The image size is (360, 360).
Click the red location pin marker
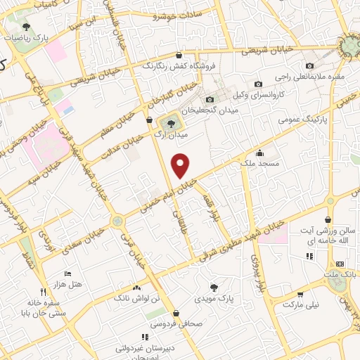coord(181,165)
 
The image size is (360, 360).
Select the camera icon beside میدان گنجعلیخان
coord(210,99)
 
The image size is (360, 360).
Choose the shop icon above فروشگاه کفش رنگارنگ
coord(179,55)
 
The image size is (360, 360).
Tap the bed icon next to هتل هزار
coord(67,273)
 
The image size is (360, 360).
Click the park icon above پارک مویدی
coord(213,287)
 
